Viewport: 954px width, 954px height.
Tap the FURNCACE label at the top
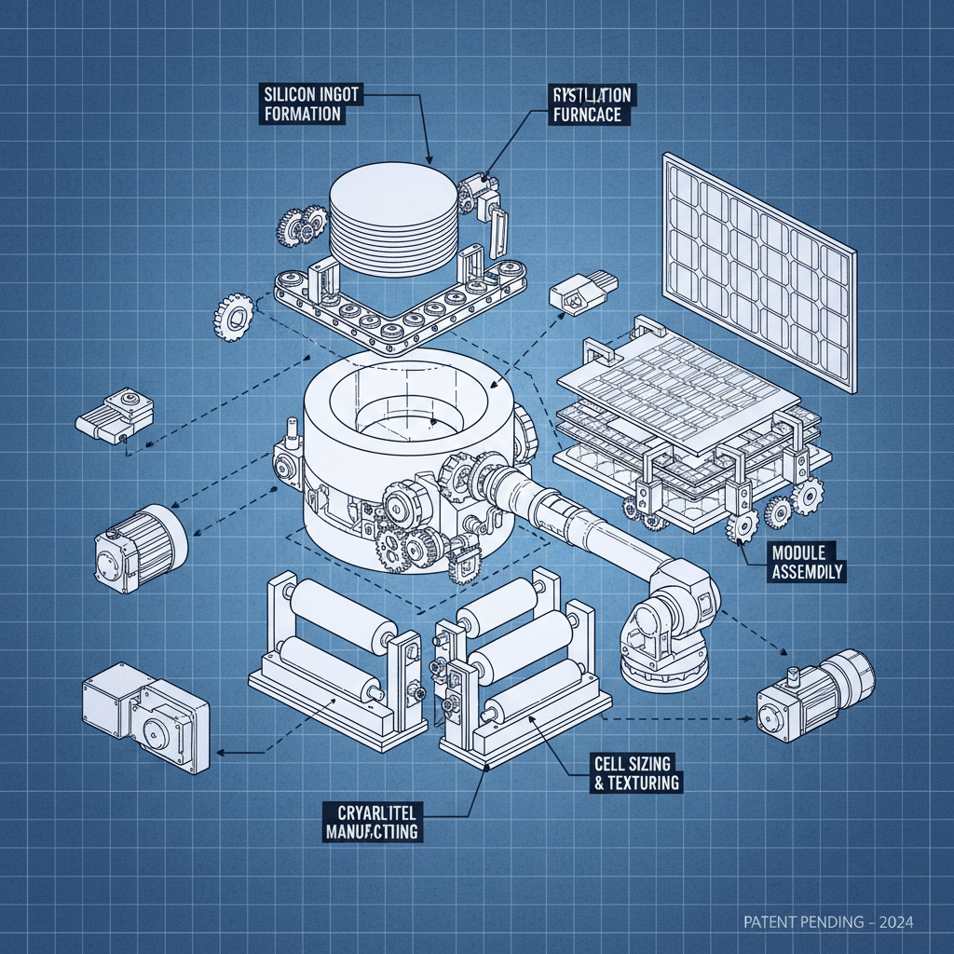point(591,105)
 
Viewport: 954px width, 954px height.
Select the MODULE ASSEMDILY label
point(808,562)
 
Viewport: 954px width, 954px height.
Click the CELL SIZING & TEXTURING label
point(637,773)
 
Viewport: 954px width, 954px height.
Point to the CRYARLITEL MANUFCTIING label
point(371,820)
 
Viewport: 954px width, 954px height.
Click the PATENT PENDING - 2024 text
point(828,922)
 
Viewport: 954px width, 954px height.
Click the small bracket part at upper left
point(114,417)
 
